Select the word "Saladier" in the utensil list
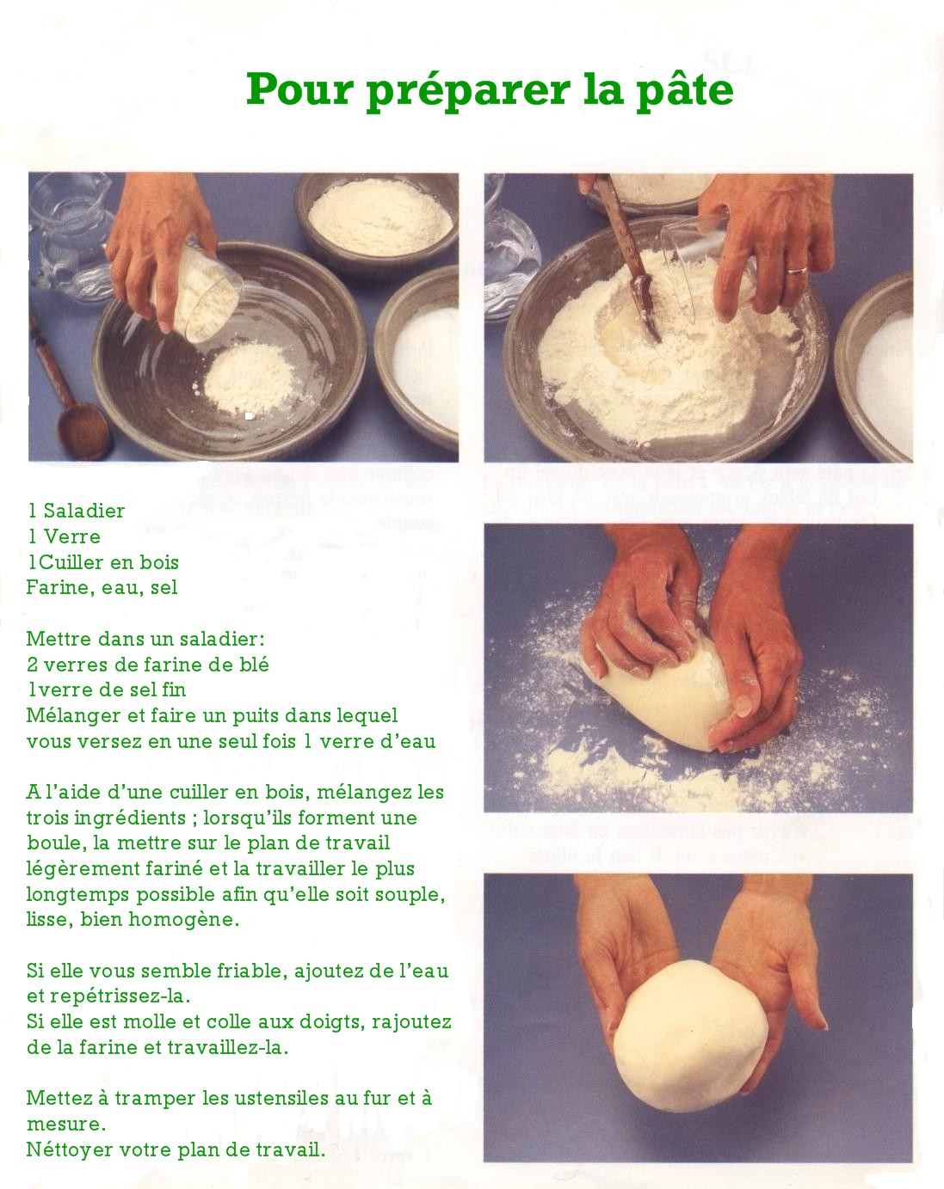click(84, 511)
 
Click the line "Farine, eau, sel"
click(102, 588)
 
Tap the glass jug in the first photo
click(69, 237)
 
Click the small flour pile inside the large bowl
click(249, 380)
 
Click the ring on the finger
click(798, 270)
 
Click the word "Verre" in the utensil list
click(72, 536)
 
